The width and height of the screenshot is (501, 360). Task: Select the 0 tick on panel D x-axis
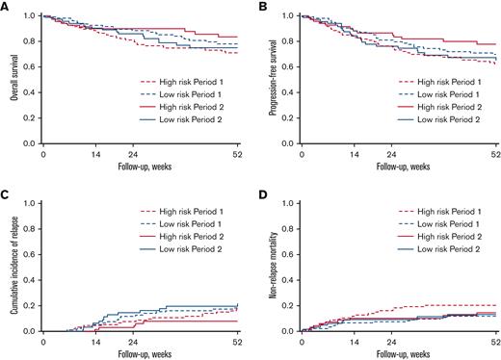click(301, 341)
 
